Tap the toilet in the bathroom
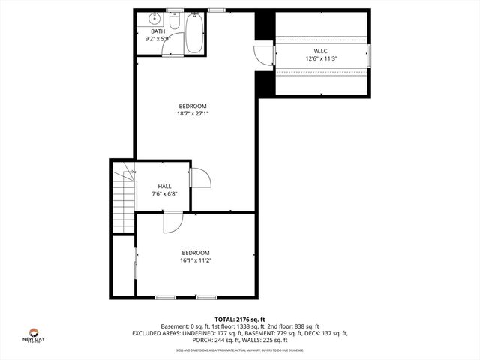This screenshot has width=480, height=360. pos(174,24)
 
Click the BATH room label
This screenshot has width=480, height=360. pos(157,31)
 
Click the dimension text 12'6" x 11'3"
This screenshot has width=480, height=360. pos(321,58)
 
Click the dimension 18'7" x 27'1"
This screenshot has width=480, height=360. pos(192,114)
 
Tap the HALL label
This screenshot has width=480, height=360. pos(164,186)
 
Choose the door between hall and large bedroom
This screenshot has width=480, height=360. pos(199,178)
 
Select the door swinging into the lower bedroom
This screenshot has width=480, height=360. pos(171,221)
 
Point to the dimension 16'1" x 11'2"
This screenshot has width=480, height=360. pos(195,260)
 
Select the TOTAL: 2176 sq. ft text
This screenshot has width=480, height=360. pos(239,319)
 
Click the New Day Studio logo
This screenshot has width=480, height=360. pos(34,335)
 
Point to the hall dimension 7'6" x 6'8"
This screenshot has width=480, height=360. pos(164,193)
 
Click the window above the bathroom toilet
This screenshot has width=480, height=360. pos(174,10)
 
